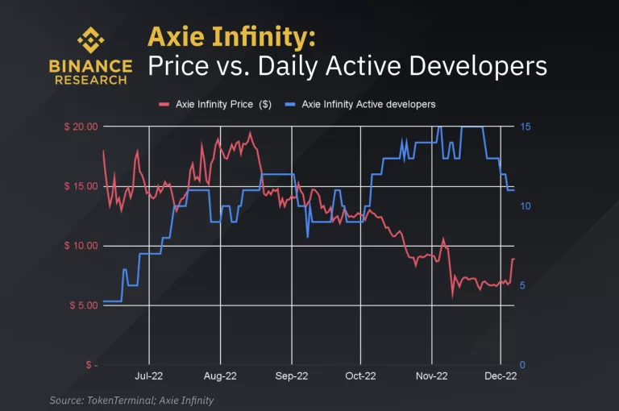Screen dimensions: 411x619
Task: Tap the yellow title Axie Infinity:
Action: [x=231, y=36]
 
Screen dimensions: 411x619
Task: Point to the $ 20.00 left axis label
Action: [x=80, y=127]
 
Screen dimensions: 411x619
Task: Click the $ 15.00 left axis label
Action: [x=80, y=186]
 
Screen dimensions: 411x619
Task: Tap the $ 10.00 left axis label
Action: [x=80, y=246]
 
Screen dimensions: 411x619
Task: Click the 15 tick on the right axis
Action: [x=524, y=127]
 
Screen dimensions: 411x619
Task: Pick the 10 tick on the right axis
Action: [x=524, y=206]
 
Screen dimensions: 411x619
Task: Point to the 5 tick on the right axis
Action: [x=522, y=285]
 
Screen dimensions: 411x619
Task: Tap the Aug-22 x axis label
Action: [x=219, y=376]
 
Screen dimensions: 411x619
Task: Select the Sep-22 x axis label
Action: [x=291, y=376]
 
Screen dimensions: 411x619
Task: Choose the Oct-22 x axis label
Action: [x=360, y=376]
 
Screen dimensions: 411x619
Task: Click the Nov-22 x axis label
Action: [x=431, y=376]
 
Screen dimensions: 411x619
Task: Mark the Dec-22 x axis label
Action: [x=501, y=376]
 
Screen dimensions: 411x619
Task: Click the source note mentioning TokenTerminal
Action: [x=131, y=400]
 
